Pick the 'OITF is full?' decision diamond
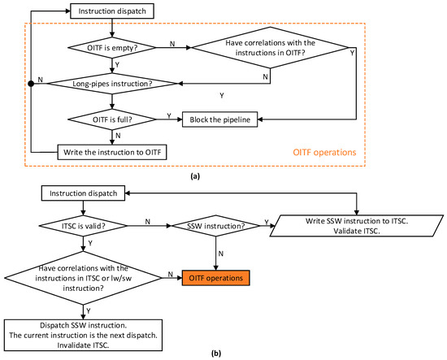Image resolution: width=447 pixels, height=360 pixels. point(109,119)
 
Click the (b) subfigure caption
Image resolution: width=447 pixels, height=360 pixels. point(219,353)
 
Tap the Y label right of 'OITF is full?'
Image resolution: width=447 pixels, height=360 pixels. point(167,114)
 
